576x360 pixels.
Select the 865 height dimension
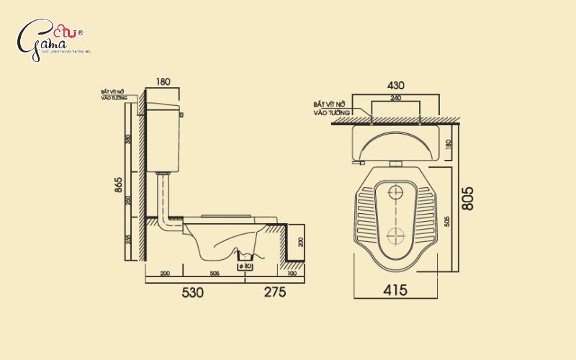pos(118,185)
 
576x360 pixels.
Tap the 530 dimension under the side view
pos(192,292)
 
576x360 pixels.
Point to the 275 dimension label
pos(274,292)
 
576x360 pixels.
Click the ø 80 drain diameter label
pos(246,266)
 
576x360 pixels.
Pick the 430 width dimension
pos(395,85)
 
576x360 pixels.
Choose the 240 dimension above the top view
pos(395,98)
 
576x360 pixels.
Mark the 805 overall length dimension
pos(467,198)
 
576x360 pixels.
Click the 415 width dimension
pos(395,290)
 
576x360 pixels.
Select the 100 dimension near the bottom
pos(292,274)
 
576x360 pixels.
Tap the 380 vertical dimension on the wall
pos(129,140)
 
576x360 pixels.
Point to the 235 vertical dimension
pos(129,240)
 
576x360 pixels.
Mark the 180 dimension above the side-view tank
pos(163,82)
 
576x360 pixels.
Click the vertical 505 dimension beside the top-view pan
pos(448,222)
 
